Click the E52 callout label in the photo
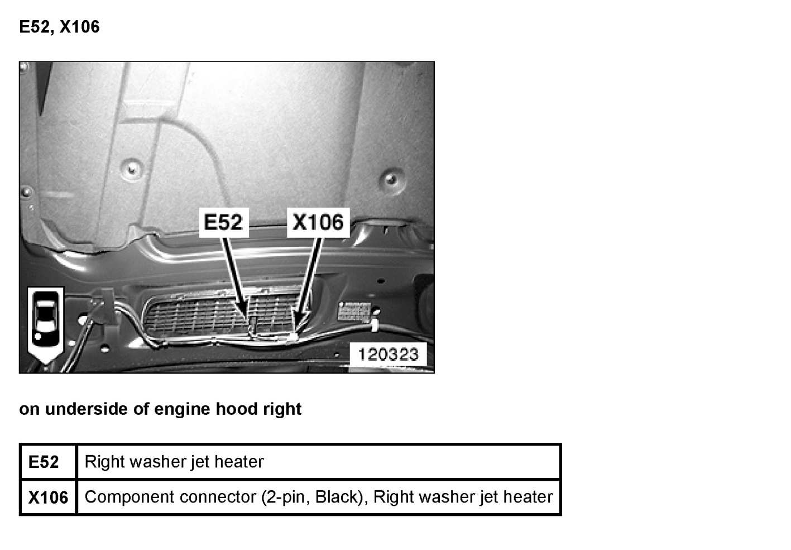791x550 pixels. click(x=223, y=222)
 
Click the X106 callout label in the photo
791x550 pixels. click(x=318, y=222)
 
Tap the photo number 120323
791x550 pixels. click(x=387, y=354)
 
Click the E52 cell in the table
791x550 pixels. click(x=44, y=462)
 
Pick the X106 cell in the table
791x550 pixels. click(x=48, y=497)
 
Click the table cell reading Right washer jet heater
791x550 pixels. click(x=174, y=462)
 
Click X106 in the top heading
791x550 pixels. click(x=79, y=27)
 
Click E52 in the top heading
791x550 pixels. click(x=36, y=27)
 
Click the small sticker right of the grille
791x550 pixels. click(x=354, y=311)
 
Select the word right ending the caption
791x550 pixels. click(x=282, y=409)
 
